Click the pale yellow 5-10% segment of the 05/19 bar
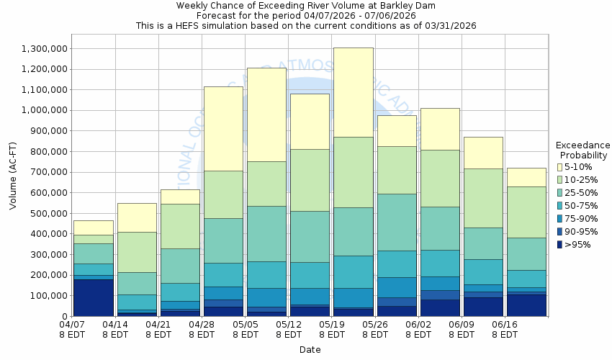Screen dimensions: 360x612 coord(353,92)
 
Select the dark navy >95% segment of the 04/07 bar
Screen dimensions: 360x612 coord(94,297)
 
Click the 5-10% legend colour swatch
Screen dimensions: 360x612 coord(560,168)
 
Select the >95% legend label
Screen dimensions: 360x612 coord(579,244)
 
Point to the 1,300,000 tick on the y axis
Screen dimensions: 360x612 coord(45,49)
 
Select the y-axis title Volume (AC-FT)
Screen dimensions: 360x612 coord(13,183)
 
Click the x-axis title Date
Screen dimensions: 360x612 coord(310,350)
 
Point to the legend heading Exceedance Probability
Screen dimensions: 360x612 coord(583,150)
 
